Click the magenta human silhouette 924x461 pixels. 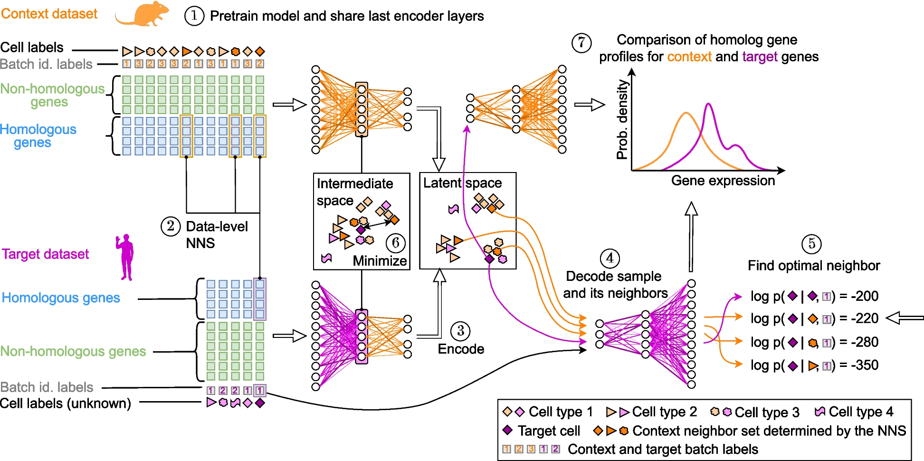coord(125,257)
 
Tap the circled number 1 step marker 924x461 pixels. coord(194,16)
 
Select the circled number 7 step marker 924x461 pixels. coord(581,43)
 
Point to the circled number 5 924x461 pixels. coord(811,244)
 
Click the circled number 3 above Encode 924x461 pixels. coord(460,331)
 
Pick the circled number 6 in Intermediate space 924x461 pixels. coord(396,243)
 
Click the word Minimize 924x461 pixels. coord(380,261)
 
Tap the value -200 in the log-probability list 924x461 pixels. coord(865,296)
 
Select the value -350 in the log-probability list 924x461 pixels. coord(865,365)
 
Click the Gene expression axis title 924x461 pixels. coord(723,181)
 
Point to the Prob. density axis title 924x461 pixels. coord(622,119)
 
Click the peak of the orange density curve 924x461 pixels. coord(686,113)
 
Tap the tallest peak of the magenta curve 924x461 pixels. coord(708,104)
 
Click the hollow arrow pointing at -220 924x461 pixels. coord(905,317)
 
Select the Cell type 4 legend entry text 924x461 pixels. coord(861,412)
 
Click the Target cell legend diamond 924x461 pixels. coord(507,430)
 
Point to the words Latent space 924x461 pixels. coord(462,183)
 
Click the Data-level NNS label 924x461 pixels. coord(217,235)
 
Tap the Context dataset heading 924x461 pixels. coord(49,14)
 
